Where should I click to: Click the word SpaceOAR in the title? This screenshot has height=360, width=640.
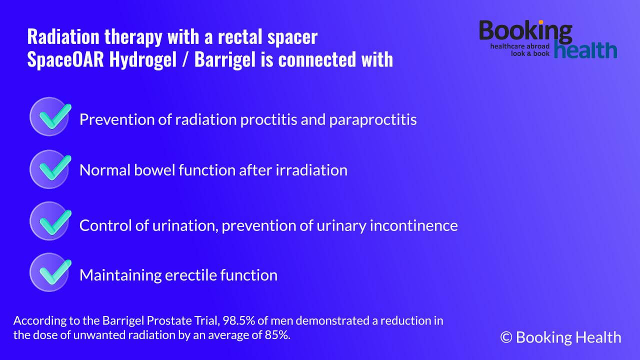tap(65, 59)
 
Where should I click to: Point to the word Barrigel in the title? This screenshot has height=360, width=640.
tap(225, 59)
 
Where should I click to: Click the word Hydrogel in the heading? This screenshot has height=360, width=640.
tap(143, 60)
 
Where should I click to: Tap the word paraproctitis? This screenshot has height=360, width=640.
tap(373, 120)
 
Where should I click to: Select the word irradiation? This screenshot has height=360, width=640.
tap(311, 170)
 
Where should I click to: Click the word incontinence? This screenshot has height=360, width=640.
tap(413, 225)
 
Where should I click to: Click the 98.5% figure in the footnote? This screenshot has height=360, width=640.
tap(238, 320)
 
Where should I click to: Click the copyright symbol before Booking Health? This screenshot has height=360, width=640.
tap(506, 337)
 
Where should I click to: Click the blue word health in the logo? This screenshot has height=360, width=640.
tap(585, 49)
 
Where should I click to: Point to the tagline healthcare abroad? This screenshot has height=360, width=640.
tap(519, 46)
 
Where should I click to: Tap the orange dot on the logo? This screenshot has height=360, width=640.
tap(541, 22)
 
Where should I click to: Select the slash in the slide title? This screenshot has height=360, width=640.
tap(185, 59)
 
